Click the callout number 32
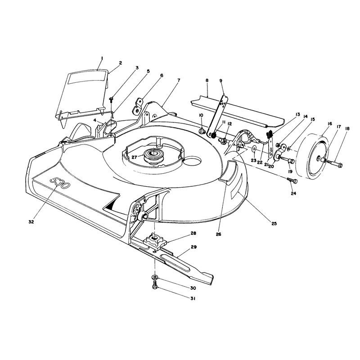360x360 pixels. tap(31, 222)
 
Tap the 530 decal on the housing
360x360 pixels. tap(59, 183)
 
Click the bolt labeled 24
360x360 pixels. tap(292, 181)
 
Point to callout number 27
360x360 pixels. tap(134, 157)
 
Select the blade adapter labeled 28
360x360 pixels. tap(155, 241)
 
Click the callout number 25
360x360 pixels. tap(274, 223)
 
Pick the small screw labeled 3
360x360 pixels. tap(111, 99)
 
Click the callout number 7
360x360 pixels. tap(179, 80)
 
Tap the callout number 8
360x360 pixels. tap(207, 81)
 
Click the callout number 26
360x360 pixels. tap(218, 234)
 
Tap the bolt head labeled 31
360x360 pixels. tap(154, 286)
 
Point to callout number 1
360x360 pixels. tap(102, 58)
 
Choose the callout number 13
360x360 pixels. tap(297, 114)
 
